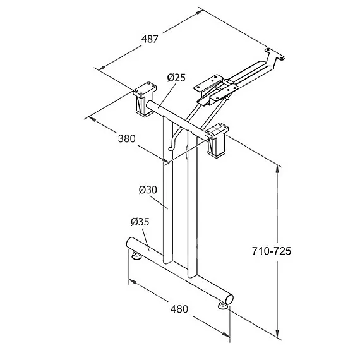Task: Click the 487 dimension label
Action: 150,39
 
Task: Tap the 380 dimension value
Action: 127,139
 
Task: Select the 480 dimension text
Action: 179,309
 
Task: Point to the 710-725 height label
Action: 272,251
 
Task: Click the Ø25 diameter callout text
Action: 176,78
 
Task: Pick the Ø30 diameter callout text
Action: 148,189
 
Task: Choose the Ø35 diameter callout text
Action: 140,222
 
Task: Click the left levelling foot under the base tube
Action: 137,255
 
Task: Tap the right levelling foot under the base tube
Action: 222,305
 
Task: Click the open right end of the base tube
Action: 229,299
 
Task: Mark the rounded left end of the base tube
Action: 130,243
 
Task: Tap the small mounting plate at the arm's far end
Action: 275,54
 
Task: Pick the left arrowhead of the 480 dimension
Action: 133,282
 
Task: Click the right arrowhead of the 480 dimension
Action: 225,335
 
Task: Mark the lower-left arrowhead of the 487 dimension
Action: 102,68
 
